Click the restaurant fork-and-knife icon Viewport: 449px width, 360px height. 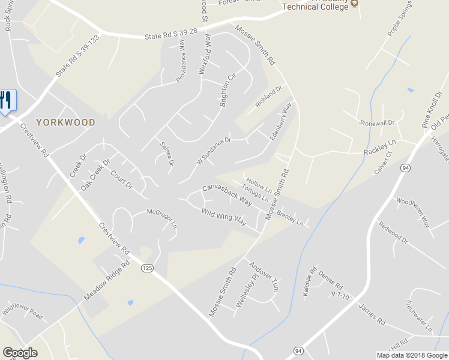[7, 100]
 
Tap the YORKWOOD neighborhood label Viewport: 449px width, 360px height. [66, 122]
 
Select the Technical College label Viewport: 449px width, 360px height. [315, 6]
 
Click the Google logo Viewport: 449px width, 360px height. [20, 353]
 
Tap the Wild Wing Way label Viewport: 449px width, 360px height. [224, 216]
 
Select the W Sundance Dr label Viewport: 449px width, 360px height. [214, 151]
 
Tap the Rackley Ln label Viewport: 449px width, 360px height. [380, 148]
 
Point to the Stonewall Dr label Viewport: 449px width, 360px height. [377, 122]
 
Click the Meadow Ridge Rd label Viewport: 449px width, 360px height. [107, 281]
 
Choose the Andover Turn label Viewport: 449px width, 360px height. [264, 277]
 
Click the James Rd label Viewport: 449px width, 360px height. [372, 314]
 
